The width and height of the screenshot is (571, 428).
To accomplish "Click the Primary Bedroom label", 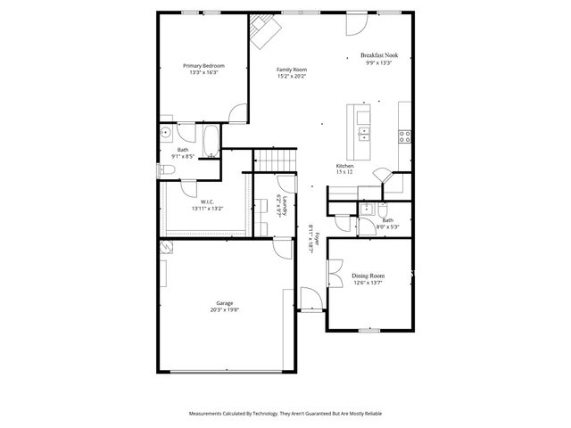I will click(x=203, y=66).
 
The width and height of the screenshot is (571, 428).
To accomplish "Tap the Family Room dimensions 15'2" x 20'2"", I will click(x=291, y=76).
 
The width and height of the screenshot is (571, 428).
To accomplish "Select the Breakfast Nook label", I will click(x=379, y=55).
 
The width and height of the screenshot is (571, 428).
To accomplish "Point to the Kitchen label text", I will click(x=345, y=167).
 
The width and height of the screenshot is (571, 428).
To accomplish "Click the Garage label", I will click(x=225, y=303).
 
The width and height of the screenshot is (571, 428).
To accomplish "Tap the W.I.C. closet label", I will click(x=206, y=202).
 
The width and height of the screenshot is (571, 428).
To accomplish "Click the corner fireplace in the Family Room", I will click(x=264, y=30).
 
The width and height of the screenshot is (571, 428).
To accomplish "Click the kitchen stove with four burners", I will click(x=404, y=136).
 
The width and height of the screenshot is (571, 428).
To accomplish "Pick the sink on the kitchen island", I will click(x=364, y=135).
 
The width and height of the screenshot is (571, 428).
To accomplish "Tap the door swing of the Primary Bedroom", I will click(x=236, y=114).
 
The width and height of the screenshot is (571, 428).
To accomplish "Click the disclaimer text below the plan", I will click(x=285, y=414).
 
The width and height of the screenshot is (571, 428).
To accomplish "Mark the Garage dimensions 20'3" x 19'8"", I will click(x=225, y=310).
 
